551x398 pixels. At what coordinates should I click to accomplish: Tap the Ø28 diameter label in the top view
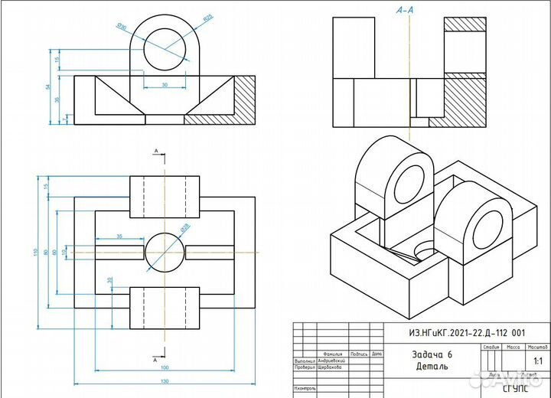(x=184, y=227)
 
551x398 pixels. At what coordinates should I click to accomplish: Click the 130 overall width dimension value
(x=165, y=380)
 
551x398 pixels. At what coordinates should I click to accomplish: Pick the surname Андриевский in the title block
(x=330, y=360)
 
